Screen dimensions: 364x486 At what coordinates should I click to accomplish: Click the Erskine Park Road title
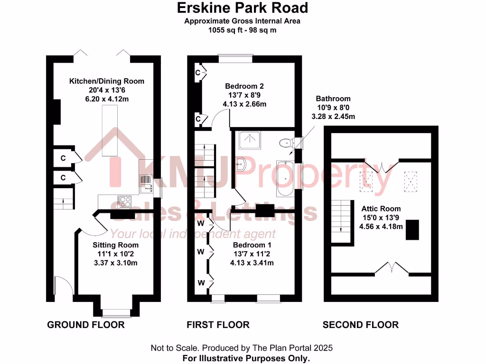(x=242, y=8)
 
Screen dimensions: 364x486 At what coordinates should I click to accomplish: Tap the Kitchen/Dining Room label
(x=107, y=81)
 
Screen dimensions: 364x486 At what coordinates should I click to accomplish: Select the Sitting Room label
(x=115, y=245)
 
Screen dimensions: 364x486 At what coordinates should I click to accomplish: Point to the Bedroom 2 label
(x=244, y=86)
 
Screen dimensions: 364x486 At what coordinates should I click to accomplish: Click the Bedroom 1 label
(x=252, y=245)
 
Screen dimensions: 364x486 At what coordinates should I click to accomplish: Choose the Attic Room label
(x=381, y=209)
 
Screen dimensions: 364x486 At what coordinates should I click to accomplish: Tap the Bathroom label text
(x=333, y=99)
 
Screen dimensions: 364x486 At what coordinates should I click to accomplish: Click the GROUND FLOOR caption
(x=86, y=325)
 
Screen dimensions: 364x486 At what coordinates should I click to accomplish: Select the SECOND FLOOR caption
(x=360, y=325)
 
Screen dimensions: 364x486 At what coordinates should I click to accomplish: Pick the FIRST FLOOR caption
(x=218, y=325)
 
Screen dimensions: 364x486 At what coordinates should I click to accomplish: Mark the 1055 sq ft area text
(x=242, y=30)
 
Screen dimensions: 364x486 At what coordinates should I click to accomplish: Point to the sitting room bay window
(x=116, y=312)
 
